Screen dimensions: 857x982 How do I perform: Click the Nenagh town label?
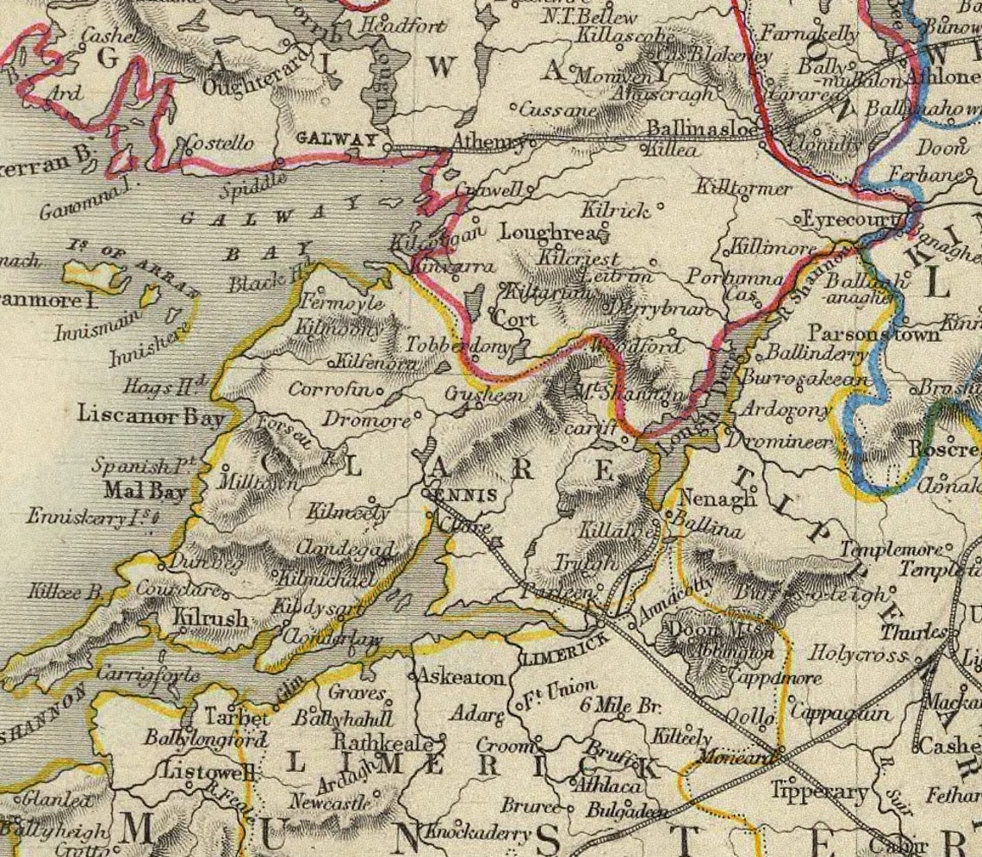tap(705, 498)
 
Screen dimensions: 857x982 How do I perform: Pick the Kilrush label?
tap(211, 618)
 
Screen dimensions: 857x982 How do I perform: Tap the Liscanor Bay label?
tap(151, 415)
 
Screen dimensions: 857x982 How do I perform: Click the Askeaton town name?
tap(461, 678)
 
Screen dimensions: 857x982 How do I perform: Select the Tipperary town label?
tap(819, 791)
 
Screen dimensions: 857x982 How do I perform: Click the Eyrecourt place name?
tap(849, 220)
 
